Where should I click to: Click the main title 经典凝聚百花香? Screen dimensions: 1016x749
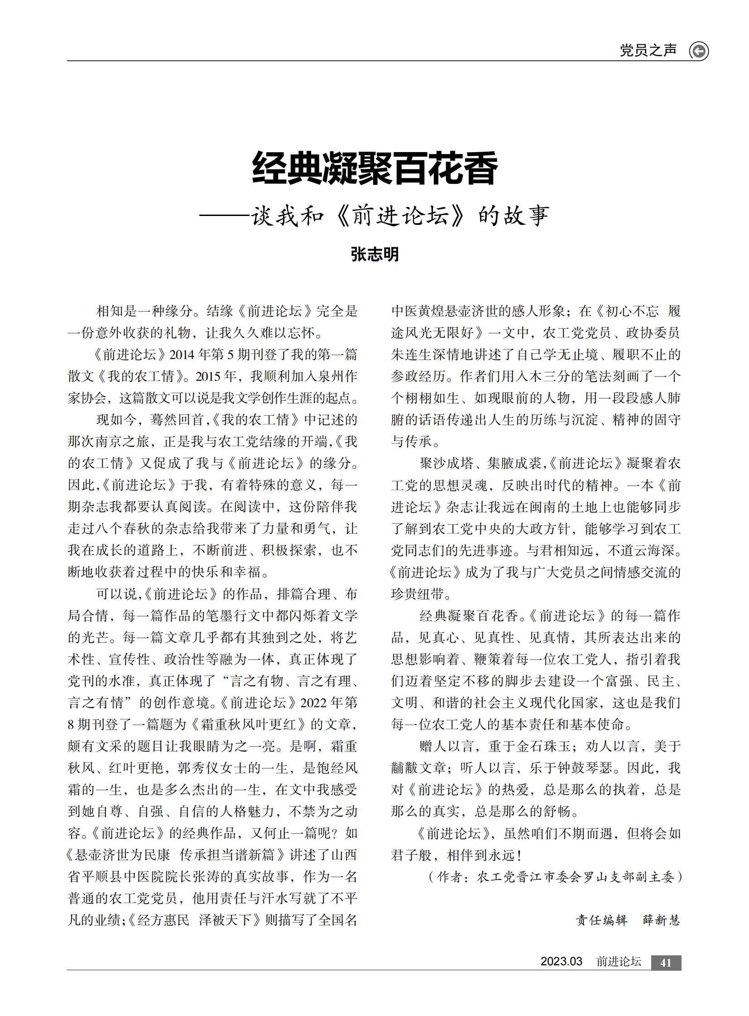coord(374,168)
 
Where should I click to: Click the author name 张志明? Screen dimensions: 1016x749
coord(374,254)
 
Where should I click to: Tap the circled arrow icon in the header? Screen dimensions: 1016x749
coord(699,51)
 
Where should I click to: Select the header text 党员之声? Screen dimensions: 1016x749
coord(648,50)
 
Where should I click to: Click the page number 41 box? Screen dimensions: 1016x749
coord(666,963)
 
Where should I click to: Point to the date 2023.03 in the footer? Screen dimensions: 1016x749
coord(561,962)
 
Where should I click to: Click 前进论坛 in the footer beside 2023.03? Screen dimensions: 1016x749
coord(619,962)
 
